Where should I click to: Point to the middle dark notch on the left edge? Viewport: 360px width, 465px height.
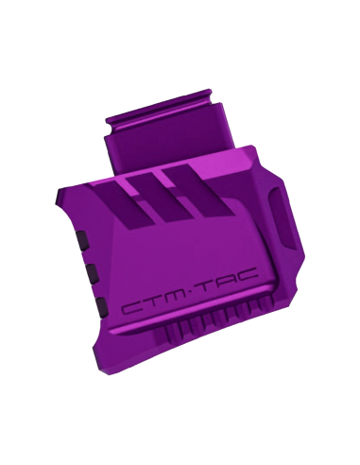(x=92, y=273)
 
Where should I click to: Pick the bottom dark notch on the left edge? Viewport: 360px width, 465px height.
(x=102, y=306)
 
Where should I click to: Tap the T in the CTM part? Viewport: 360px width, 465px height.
(x=156, y=303)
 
